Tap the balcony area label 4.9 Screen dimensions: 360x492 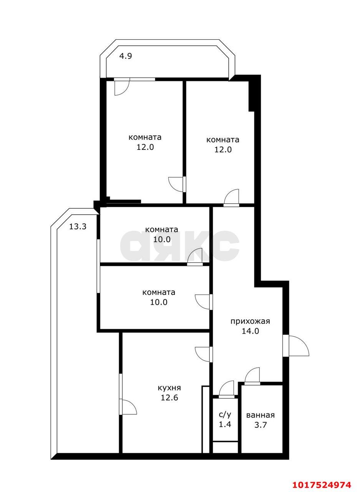[125, 56]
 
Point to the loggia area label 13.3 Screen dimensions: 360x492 [78, 226]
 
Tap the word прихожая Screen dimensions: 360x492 [250, 322]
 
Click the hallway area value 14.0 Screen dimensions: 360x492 [250, 331]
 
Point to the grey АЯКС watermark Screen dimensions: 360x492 [179, 246]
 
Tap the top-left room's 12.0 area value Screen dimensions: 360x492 [145, 147]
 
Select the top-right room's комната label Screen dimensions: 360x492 [222, 140]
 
